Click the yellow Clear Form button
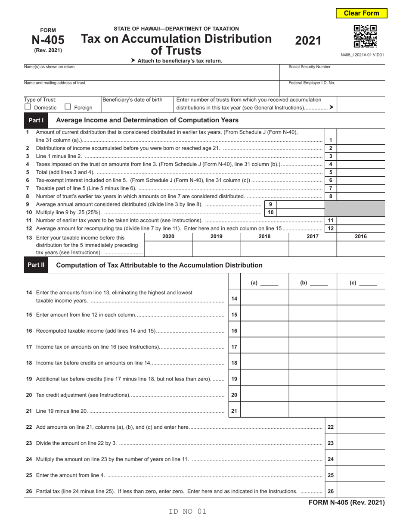(361, 13)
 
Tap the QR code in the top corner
(365, 37)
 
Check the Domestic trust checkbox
(28, 107)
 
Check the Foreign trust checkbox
(68, 107)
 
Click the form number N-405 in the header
(48, 40)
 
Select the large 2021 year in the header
(308, 41)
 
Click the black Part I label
(36, 120)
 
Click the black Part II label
(36, 265)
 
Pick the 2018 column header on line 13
(264, 236)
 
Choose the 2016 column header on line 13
(361, 236)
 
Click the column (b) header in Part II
(313, 283)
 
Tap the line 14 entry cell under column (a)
(264, 297)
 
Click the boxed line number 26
(331, 491)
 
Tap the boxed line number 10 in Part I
(270, 212)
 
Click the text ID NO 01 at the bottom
(188, 511)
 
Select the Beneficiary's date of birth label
(132, 100)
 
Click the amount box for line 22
(361, 427)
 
